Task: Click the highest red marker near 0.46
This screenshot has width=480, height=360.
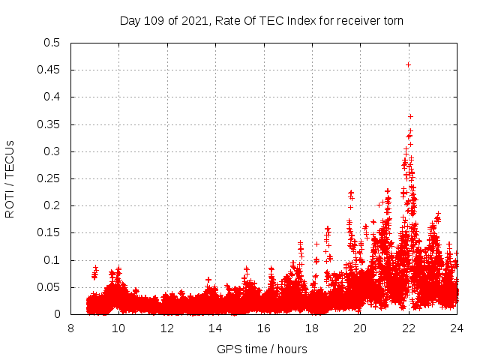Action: pyautogui.click(x=408, y=64)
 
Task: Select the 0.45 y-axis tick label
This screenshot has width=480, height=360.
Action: pyautogui.click(x=51, y=70)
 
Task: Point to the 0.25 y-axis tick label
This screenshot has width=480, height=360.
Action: pyautogui.click(x=51, y=178)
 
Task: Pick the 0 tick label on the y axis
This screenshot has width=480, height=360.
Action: pyautogui.click(x=58, y=314)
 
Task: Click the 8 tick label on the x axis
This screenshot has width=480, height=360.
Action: pyautogui.click(x=71, y=328)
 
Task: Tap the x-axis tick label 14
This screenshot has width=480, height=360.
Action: pyautogui.click(x=215, y=328)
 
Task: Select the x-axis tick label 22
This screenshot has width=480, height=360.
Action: pyautogui.click(x=408, y=328)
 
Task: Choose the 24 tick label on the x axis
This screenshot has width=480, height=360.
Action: pyautogui.click(x=456, y=328)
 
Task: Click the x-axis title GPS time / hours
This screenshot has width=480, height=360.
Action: pyautogui.click(x=262, y=349)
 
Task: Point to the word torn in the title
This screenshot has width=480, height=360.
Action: pyautogui.click(x=393, y=20)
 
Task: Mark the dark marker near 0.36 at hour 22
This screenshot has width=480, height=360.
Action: pyautogui.click(x=410, y=116)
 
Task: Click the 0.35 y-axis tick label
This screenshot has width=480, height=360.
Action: pyautogui.click(x=51, y=124)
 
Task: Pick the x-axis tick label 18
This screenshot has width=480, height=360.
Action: pyautogui.click(x=312, y=328)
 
